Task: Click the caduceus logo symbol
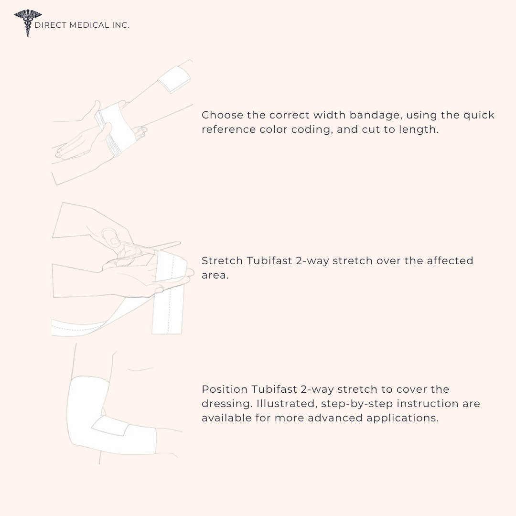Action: pos(28,23)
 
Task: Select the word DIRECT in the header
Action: pos(51,25)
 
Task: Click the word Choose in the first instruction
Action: pos(222,115)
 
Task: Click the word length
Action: pos(419,129)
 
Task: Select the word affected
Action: pos(450,261)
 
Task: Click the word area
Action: pos(215,276)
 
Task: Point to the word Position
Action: pos(225,389)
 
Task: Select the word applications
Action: pos(402,419)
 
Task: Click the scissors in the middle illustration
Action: pos(138,244)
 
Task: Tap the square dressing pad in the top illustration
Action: pos(174,79)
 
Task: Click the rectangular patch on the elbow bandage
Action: pos(110,426)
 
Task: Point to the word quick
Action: pos(479,116)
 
